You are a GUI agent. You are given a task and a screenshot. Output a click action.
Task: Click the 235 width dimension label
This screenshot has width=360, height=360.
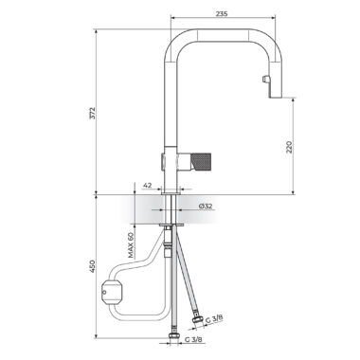point(222,13)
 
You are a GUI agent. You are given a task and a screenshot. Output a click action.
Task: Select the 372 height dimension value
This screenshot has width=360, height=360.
point(92,113)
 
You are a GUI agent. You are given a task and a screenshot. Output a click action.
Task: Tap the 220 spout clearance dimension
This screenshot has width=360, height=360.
point(289,147)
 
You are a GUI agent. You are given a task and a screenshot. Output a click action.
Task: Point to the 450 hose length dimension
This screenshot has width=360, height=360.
point(92,266)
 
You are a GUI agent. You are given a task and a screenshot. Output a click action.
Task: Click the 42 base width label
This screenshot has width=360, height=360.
point(148,186)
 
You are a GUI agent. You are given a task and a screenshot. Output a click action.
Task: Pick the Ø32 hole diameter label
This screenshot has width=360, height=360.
point(206,207)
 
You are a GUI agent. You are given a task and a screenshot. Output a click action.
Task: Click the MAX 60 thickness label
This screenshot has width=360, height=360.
point(132,245)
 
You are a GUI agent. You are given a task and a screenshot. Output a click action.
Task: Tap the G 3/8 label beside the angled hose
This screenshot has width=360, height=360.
point(214,318)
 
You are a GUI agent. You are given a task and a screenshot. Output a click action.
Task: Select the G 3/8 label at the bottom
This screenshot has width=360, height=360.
point(193,340)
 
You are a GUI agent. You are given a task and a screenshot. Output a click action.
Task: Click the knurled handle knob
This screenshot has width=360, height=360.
point(201,160)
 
